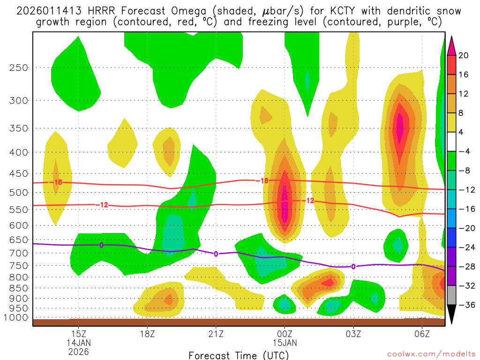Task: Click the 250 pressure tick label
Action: coord(18,67)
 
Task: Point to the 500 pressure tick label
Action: coord(18,193)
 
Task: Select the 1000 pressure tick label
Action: coord(15,318)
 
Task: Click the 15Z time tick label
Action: coord(78,334)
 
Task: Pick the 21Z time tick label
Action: coord(216,334)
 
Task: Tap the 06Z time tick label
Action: coord(422,334)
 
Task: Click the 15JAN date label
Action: coord(285,343)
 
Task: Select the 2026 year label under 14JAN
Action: coord(78,351)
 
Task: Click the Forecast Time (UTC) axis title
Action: coord(239,355)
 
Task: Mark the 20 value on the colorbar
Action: coord(464,55)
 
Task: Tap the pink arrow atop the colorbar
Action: coord(452,45)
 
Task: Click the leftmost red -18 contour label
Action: coord(57,182)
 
